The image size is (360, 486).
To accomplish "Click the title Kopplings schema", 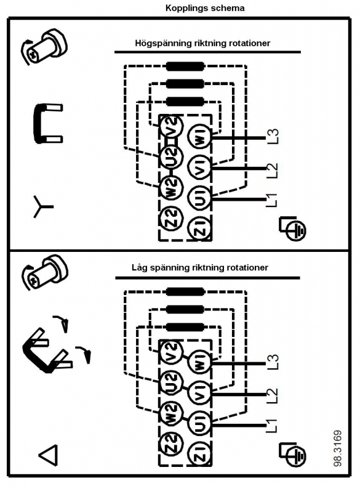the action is coord(205,8).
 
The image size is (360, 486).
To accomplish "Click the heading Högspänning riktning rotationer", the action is coord(202,43).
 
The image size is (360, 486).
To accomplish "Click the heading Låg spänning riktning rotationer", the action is coord(199,267).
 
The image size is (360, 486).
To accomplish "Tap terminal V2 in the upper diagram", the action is coord(173,127).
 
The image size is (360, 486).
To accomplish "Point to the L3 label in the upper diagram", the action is coord(273,136).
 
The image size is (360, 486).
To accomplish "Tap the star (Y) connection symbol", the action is coord(42,206).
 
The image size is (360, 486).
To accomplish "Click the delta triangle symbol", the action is coord(48,455).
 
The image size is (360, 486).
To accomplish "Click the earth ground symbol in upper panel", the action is coord(292,228).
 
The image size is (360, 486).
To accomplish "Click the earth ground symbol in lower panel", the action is coord(292,454).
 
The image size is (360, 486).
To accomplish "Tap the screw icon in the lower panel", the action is coord(44,272).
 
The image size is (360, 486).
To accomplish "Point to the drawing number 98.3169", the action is coord(338,448).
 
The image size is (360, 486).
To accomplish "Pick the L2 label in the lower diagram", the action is coord(273,396).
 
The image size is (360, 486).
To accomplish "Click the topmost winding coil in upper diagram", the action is coord(185,67).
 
